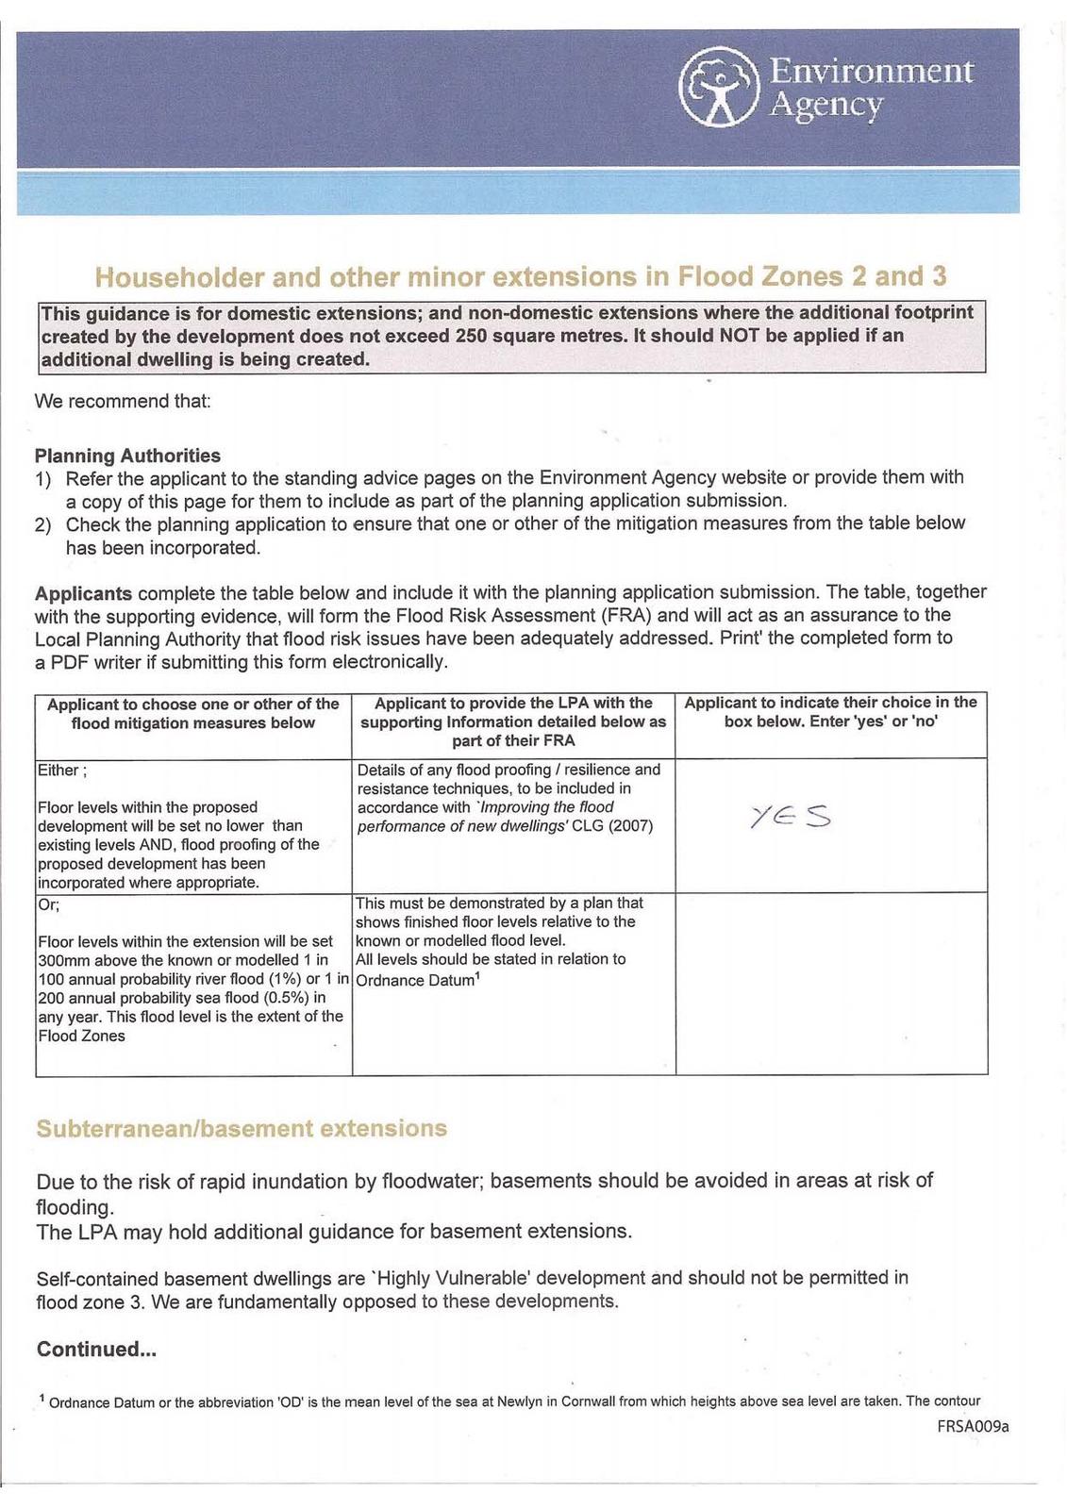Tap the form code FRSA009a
click(973, 1426)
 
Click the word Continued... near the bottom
click(96, 1349)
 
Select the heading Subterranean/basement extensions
click(241, 1128)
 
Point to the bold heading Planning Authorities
click(127, 456)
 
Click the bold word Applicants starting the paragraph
click(83, 593)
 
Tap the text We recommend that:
click(123, 401)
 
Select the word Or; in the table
click(48, 904)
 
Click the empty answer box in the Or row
click(831, 983)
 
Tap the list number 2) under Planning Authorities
click(42, 524)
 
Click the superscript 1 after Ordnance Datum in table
click(478, 975)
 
